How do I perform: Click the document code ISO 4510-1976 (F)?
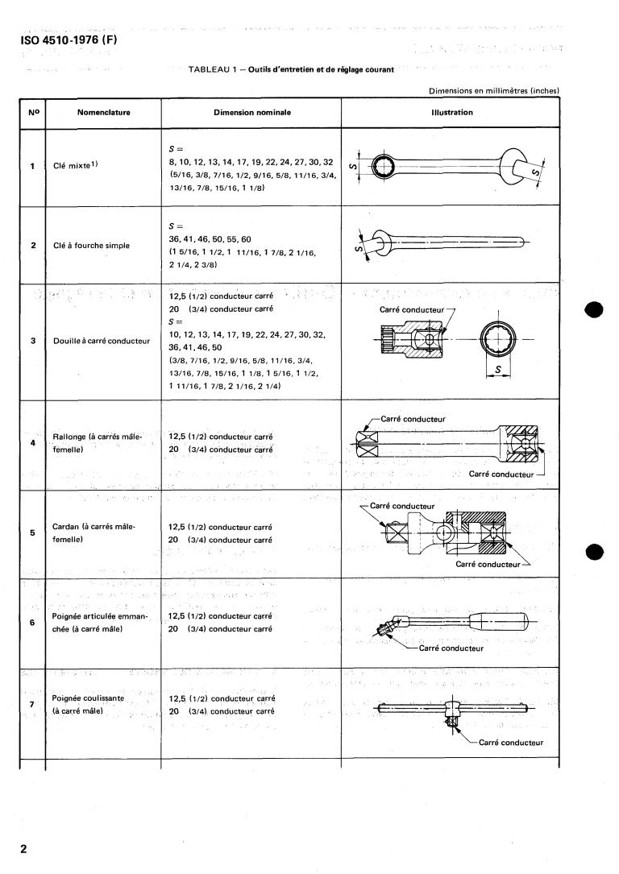[x=73, y=40]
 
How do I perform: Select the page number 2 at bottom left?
[x=24, y=849]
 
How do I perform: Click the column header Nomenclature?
[x=104, y=112]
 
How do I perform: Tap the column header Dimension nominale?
[x=251, y=112]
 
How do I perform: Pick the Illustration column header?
[x=451, y=112]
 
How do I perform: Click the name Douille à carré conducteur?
[x=102, y=341]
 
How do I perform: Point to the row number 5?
[x=32, y=532]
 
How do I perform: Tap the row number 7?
[x=32, y=705]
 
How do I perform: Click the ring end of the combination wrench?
[x=380, y=167]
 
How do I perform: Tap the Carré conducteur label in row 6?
[x=451, y=648]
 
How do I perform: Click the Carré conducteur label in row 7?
[x=510, y=743]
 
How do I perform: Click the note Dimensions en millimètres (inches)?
[x=494, y=91]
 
